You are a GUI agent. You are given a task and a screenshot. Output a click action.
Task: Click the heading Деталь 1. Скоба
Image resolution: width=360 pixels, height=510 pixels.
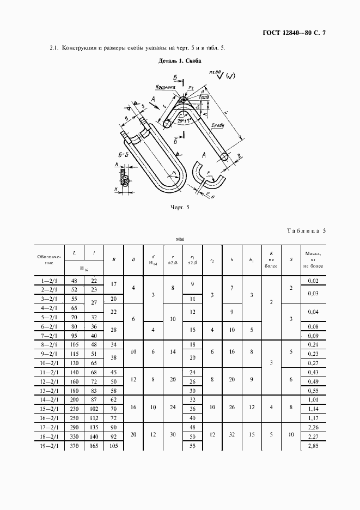[x=180, y=62]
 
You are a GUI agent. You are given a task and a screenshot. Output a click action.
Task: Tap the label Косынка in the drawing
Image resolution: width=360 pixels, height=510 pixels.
[x=164, y=87]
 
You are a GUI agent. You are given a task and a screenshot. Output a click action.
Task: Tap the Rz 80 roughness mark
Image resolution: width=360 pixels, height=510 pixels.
[x=216, y=72]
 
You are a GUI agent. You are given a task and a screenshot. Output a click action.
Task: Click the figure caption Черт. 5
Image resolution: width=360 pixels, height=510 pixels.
[x=180, y=208]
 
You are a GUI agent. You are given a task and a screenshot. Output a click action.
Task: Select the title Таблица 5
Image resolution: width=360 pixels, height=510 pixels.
[x=306, y=231]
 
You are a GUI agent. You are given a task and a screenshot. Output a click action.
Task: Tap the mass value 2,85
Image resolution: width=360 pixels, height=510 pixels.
[x=313, y=446]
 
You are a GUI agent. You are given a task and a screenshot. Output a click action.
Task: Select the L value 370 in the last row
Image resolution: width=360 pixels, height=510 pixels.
[x=74, y=446]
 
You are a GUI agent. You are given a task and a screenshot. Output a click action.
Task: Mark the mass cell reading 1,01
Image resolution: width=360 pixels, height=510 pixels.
[x=313, y=399]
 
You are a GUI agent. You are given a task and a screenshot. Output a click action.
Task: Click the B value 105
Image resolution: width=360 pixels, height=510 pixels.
[x=114, y=446]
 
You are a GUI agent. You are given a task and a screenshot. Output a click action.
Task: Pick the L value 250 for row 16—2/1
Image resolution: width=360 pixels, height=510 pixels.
[x=74, y=418]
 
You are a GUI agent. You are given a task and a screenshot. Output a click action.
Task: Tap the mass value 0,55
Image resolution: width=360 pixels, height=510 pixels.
[x=313, y=390]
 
